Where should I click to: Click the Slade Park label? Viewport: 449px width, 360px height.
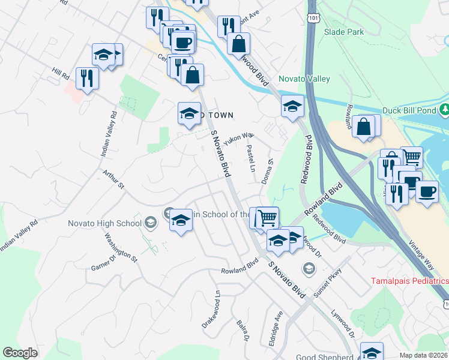coord(344,31)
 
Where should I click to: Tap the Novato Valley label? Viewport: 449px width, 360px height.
coord(303,79)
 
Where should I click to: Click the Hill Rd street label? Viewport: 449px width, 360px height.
coord(61,74)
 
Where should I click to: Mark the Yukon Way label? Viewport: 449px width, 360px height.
coord(237,139)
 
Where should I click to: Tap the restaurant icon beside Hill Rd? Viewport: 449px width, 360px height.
coord(87,78)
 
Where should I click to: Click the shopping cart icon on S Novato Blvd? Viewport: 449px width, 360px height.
coord(268,217)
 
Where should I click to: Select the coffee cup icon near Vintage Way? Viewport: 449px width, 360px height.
coord(427,192)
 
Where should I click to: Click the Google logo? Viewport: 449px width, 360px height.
coord(20,353)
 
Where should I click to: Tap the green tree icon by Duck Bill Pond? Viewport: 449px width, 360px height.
coord(445,110)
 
